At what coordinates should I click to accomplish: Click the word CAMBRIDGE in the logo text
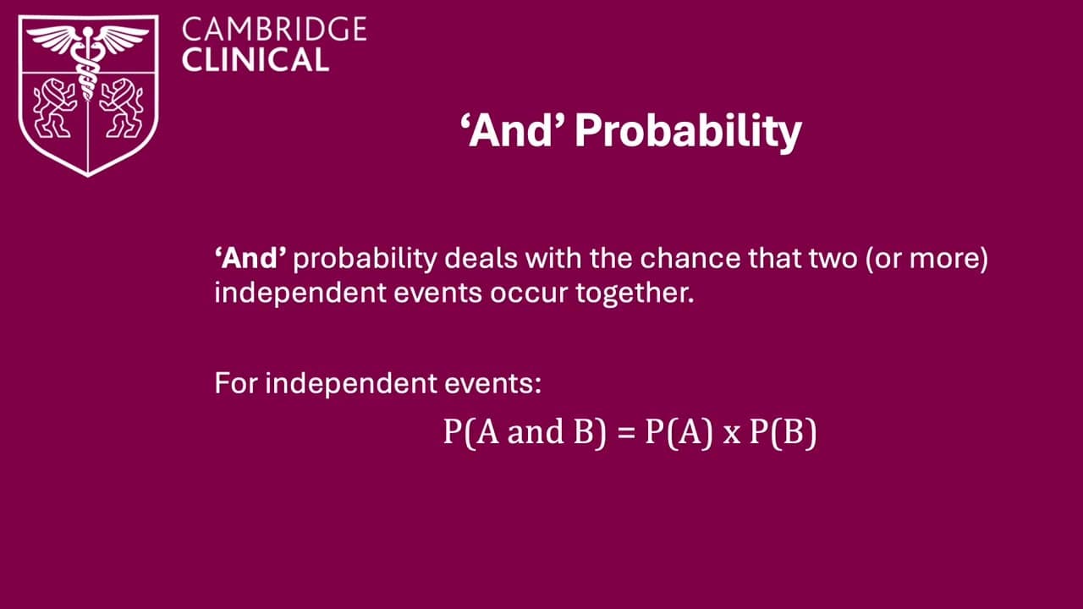pos(274,30)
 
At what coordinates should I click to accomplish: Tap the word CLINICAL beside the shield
pos(255,60)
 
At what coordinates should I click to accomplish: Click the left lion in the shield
pos(54,107)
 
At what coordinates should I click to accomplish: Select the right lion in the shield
pos(121,107)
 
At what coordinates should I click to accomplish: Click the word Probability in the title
pos(688,132)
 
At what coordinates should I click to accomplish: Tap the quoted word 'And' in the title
pos(514,132)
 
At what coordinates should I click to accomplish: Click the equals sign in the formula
pos(625,433)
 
